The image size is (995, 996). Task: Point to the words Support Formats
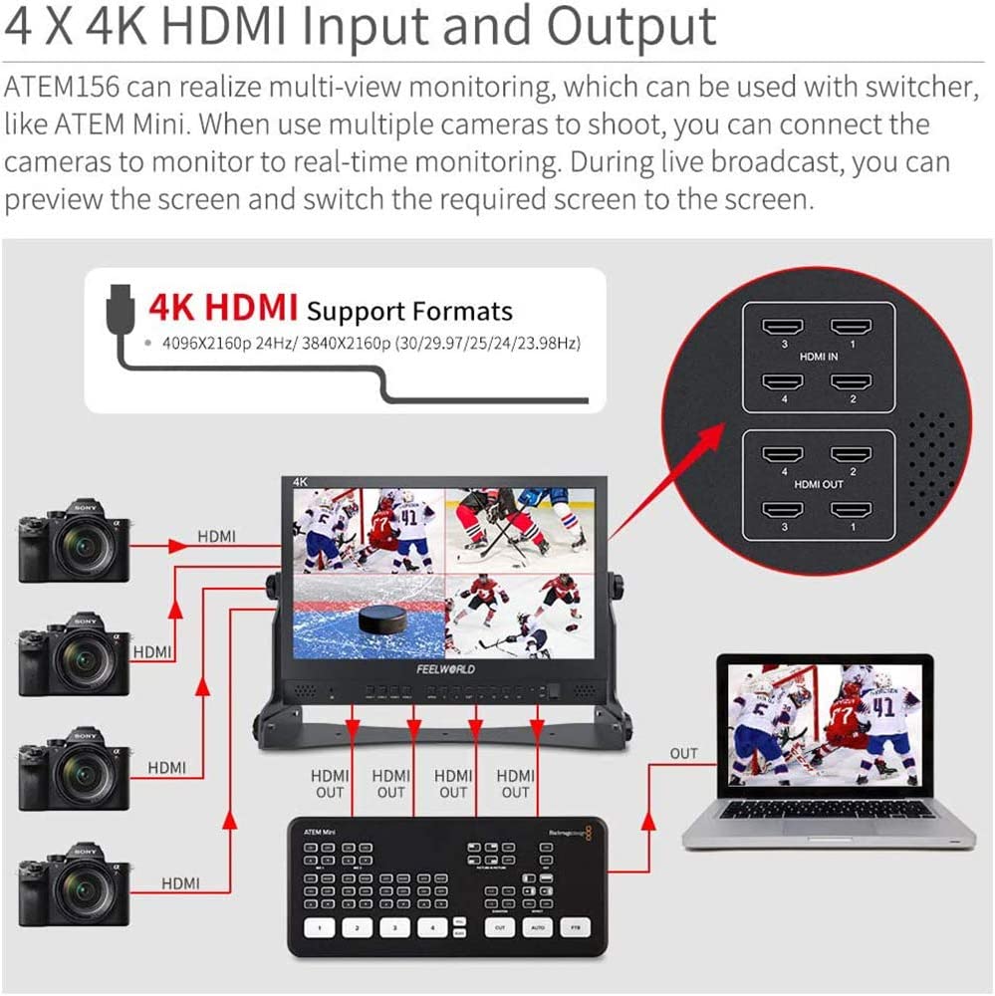(409, 311)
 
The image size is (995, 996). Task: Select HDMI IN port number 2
(852, 383)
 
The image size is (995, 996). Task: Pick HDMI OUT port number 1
(852, 511)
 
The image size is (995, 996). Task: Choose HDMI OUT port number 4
(783, 455)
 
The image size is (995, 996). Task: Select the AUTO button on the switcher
(537, 927)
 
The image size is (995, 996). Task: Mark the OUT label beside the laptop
(683, 754)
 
